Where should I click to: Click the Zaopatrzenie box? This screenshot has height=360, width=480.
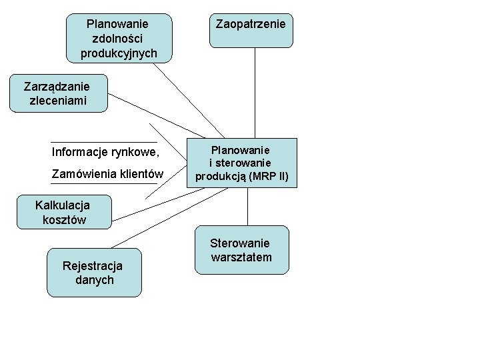tap(251, 31)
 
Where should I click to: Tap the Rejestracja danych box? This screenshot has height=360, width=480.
tap(94, 272)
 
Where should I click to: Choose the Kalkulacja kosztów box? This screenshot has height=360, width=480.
tap(65, 212)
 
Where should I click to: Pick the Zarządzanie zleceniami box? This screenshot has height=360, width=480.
tap(58, 93)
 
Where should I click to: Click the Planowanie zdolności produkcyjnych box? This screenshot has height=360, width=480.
tap(119, 38)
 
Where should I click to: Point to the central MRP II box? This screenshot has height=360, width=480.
tap(241, 163)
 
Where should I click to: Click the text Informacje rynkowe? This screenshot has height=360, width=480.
tap(105, 152)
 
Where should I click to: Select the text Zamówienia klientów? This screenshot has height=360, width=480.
tap(107, 175)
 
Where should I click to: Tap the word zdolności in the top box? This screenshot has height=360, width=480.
tap(119, 39)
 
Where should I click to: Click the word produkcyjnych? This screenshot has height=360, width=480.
tap(119, 53)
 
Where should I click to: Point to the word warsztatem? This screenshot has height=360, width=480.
tap(241, 257)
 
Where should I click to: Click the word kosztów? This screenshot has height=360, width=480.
tap(64, 219)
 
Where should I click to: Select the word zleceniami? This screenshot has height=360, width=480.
tap(58, 101)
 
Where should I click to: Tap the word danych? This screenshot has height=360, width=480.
tap(94, 280)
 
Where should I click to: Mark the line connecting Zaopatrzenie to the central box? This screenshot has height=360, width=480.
tap(255, 93)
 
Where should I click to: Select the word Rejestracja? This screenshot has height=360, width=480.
tap(93, 265)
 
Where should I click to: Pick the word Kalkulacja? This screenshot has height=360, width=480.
tap(63, 205)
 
